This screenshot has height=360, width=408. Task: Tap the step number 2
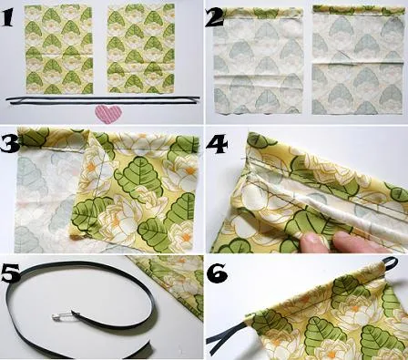pos(216,15)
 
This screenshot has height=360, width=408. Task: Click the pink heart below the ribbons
pos(107,114)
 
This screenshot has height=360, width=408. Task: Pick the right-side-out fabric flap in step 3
pos(137,196)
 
